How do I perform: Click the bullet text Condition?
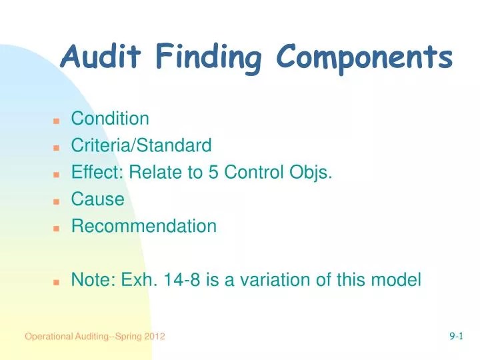tap(110, 119)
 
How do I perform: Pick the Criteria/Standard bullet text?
tap(141, 145)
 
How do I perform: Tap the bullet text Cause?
tap(97, 199)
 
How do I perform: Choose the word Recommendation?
tap(144, 226)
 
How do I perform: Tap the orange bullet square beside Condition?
tap(57, 121)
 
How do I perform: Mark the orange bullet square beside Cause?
tap(57, 201)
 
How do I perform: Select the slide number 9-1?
tap(456, 337)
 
